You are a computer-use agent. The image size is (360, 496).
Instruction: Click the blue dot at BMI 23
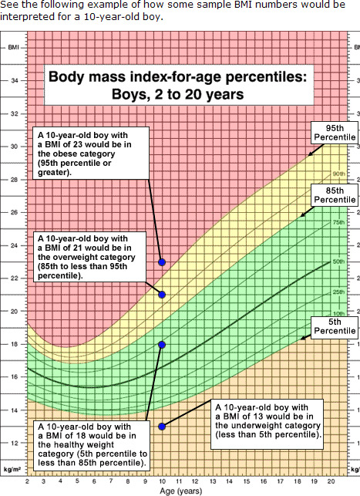[x=162, y=262]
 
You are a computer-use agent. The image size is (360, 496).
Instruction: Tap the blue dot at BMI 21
[x=162, y=295]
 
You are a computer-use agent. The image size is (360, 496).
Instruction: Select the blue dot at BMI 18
[x=162, y=345]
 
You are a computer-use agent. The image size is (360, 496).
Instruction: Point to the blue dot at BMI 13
[x=162, y=427]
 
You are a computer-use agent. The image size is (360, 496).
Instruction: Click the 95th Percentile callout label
[x=335, y=133]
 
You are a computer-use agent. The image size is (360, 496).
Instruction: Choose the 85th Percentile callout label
[x=335, y=195]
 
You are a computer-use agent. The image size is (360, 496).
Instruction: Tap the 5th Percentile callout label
[x=335, y=326]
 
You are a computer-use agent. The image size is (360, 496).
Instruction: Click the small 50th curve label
[x=338, y=261]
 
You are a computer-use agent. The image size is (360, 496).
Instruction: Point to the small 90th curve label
[x=339, y=174]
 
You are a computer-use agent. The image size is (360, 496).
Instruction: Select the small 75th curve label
[x=338, y=222]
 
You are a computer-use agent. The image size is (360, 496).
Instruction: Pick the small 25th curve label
[x=338, y=292]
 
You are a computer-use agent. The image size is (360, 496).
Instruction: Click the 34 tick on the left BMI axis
[x=15, y=81]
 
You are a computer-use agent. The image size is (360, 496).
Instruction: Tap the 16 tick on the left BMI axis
[x=15, y=377]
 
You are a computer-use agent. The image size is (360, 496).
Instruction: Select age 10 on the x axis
[x=162, y=482]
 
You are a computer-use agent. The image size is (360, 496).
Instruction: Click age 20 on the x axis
[x=331, y=481]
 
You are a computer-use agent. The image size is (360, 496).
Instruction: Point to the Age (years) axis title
[x=181, y=491]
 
